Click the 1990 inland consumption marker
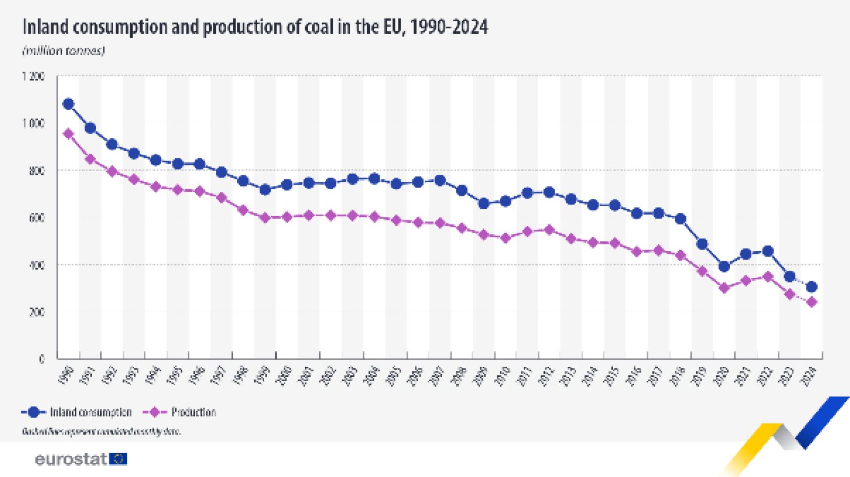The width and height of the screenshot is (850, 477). pyautogui.click(x=68, y=104)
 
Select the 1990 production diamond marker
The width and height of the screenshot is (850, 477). pyautogui.click(x=68, y=134)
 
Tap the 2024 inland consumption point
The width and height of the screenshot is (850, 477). pyautogui.click(x=811, y=287)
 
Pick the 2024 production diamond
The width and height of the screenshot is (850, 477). pyautogui.click(x=811, y=303)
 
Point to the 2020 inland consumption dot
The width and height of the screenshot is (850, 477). pyautogui.click(x=724, y=267)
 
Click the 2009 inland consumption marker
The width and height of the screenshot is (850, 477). pyautogui.click(x=483, y=203)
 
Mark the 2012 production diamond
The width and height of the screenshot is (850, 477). pyautogui.click(x=549, y=230)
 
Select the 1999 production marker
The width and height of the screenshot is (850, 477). pyautogui.click(x=265, y=218)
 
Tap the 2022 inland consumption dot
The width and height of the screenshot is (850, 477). pyautogui.click(x=768, y=251)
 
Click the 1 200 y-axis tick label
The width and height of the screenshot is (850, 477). pyautogui.click(x=33, y=76)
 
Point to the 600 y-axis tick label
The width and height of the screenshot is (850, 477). pyautogui.click(x=37, y=218)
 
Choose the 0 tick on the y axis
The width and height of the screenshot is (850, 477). pyautogui.click(x=42, y=359)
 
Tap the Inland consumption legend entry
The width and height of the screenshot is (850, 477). pyautogui.click(x=77, y=412)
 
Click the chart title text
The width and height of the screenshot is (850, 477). pyautogui.click(x=255, y=27)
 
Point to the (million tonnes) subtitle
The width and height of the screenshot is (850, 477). pyautogui.click(x=64, y=51)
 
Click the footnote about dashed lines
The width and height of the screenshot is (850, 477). pyautogui.click(x=101, y=431)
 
